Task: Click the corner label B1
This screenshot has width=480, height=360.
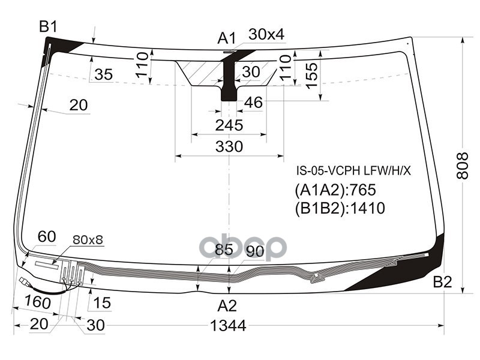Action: [48, 26]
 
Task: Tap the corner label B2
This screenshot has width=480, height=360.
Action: [442, 282]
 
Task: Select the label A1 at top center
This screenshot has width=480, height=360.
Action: [226, 39]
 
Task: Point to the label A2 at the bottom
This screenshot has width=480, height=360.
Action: [227, 306]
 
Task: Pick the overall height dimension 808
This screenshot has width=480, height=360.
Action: [462, 164]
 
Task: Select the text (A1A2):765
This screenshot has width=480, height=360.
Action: [335, 190]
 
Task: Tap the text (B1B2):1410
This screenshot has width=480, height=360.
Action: [339, 208]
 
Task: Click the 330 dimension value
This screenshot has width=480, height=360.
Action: [229, 147]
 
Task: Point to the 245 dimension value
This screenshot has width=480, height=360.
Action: [229, 125]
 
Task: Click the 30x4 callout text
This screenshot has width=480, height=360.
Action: [266, 35]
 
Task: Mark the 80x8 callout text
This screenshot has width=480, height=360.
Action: [88, 240]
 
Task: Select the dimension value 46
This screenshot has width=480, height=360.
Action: [253, 103]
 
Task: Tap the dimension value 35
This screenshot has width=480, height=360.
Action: [103, 74]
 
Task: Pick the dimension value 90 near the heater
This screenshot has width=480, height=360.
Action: [255, 251]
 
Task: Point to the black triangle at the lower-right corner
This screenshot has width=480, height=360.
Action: [429, 270]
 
